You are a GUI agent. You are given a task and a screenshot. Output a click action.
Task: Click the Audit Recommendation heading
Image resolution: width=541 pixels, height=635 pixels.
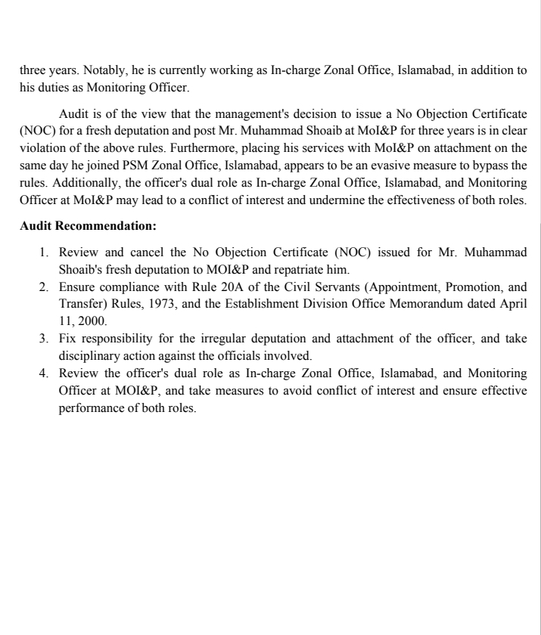(88, 225)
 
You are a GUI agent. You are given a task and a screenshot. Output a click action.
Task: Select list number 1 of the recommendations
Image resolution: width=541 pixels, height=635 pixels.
(45, 251)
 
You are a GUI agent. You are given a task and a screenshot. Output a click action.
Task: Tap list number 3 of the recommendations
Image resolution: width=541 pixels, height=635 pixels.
(45, 338)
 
